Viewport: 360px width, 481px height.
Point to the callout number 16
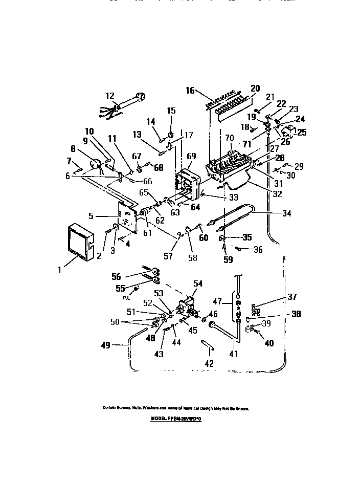click(x=190, y=91)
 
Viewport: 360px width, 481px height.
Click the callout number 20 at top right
click(x=256, y=88)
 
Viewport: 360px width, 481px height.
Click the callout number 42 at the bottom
click(x=209, y=363)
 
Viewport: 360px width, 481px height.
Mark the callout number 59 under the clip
click(x=228, y=260)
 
